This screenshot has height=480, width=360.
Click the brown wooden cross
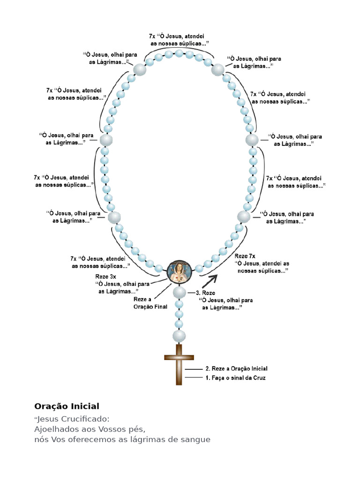[x=179, y=364]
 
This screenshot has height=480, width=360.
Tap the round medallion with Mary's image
[x=180, y=272]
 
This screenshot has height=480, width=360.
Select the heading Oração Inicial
[x=67, y=406]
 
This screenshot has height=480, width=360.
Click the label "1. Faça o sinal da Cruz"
[x=235, y=378]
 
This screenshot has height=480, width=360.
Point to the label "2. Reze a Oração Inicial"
[x=236, y=368]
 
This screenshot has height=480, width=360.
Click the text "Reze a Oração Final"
[x=150, y=303]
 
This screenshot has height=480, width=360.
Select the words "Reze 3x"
[x=105, y=277]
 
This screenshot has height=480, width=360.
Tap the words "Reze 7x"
[x=245, y=256]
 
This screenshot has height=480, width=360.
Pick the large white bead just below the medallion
[x=180, y=292]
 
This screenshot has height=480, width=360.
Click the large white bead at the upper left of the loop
[x=140, y=69]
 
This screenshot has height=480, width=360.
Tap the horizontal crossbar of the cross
[x=179, y=357]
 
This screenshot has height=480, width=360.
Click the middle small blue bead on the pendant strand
[x=179, y=315]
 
